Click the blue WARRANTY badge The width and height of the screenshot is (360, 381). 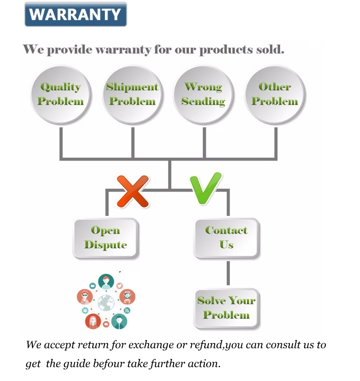click(76, 14)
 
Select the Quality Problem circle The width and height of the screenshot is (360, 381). click(60, 94)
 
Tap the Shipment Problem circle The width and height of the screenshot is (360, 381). click(132, 94)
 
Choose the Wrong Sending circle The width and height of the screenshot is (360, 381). click(203, 94)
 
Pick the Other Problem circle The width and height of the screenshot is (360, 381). click(274, 94)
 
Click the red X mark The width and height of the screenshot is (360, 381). click(133, 191)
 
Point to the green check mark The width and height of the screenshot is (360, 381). click(205, 188)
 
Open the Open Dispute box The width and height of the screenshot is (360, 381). click(106, 238)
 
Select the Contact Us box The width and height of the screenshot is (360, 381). click(226, 238)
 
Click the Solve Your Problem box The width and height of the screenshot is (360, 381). click(226, 308)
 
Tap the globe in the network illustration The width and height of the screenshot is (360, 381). click(106, 302)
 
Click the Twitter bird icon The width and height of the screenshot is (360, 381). click(119, 286)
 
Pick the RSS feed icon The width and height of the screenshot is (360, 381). click(127, 311)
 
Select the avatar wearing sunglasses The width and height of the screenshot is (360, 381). click(84, 296)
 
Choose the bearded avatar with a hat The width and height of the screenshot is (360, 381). click(128, 296)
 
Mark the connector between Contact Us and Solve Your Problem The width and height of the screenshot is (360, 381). click(228, 273)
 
